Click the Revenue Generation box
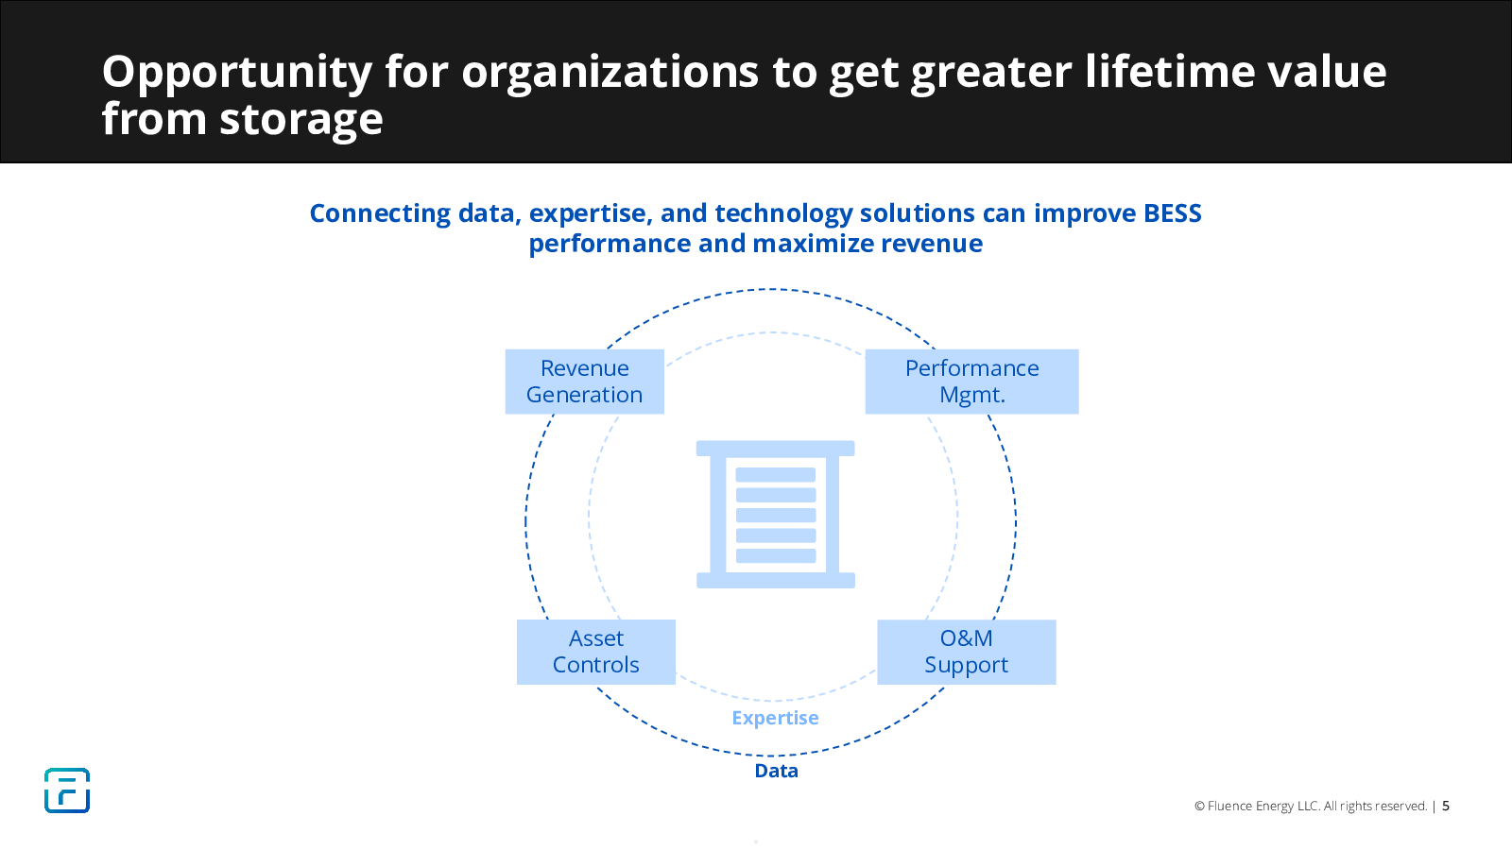(585, 382)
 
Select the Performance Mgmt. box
(972, 382)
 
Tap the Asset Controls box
(596, 652)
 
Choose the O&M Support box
(967, 652)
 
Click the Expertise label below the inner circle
(775, 718)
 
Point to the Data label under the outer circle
(776, 771)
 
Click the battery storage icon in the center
(776, 514)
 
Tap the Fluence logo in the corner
(67, 790)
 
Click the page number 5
(1446, 806)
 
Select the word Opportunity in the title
(237, 72)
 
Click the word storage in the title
(301, 119)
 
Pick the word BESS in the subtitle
(1173, 213)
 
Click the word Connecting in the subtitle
(380, 213)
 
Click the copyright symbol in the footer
(1199, 807)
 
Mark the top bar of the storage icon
(776, 448)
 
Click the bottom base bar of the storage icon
(776, 580)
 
